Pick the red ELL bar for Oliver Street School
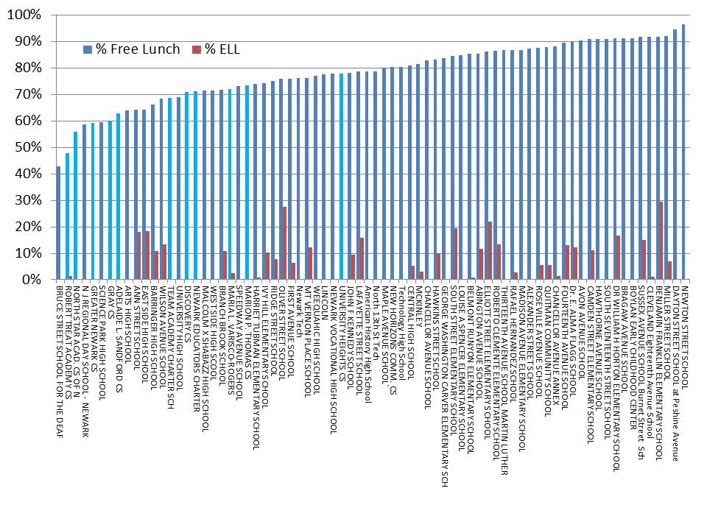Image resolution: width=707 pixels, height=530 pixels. coord(285,243)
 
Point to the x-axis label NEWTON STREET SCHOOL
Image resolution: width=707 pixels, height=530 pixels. coord(684,331)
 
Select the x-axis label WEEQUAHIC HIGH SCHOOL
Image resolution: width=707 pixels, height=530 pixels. coord(316,336)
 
